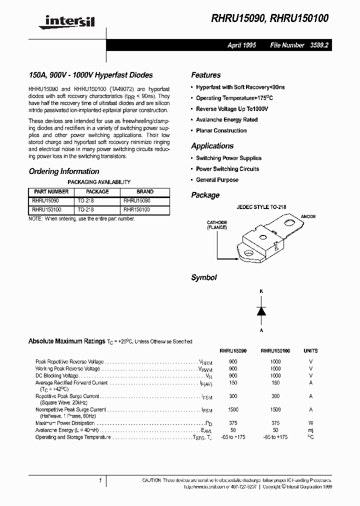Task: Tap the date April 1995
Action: pyautogui.click(x=241, y=45)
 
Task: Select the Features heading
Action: pyautogui.click(x=205, y=75)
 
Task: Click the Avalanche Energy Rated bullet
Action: pyautogui.click(x=226, y=119)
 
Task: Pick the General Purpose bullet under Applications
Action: pyautogui.click(x=217, y=179)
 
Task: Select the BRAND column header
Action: pyautogui.click(x=145, y=191)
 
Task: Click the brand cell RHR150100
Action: pyautogui.click(x=136, y=210)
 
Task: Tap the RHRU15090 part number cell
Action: pyautogui.click(x=45, y=200)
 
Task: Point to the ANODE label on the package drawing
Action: pyautogui.click(x=308, y=216)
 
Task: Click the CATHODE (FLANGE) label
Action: pyautogui.click(x=217, y=225)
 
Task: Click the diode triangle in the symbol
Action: pyautogui.click(x=260, y=310)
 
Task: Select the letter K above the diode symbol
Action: pyautogui.click(x=260, y=291)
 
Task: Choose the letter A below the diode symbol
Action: pyautogui.click(x=260, y=330)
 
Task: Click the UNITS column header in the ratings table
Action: pyautogui.click(x=310, y=351)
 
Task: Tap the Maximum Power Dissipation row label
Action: pyautogui.click(x=65, y=423)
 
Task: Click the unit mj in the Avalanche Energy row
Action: pyautogui.click(x=310, y=430)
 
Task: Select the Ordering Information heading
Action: pyautogui.click(x=64, y=171)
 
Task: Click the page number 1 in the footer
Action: pyautogui.click(x=100, y=480)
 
